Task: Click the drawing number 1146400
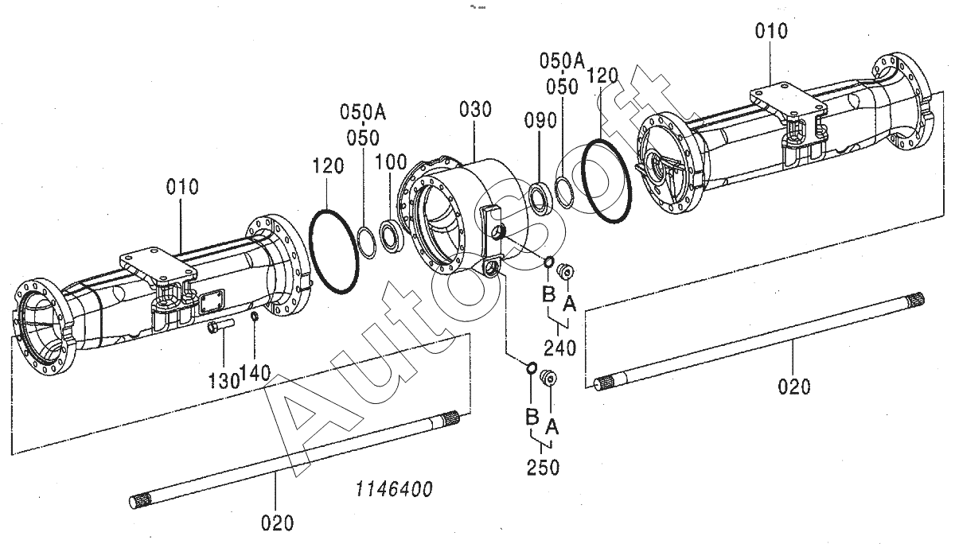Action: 394,489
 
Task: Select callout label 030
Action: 475,110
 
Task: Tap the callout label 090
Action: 540,121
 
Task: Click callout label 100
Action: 391,162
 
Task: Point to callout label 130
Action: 224,380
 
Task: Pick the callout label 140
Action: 255,373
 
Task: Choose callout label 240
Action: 559,348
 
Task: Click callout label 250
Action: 543,468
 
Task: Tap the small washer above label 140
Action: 255,317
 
